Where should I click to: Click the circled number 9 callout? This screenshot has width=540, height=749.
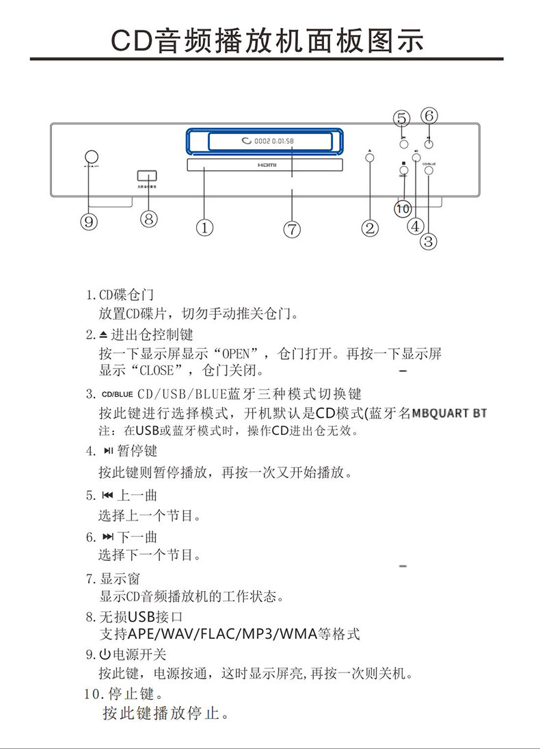click(x=88, y=221)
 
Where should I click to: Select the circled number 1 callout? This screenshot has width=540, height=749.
click(x=204, y=227)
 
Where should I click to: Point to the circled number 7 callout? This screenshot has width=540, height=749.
click(x=292, y=229)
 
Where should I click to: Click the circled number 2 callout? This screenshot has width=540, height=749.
click(x=370, y=228)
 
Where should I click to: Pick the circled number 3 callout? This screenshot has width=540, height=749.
click(x=429, y=241)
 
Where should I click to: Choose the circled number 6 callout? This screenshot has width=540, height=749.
click(x=429, y=116)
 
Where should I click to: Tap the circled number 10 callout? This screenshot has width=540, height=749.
click(x=403, y=207)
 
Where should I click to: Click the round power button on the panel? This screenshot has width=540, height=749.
click(x=91, y=157)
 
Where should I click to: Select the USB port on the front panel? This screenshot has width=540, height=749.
click(x=147, y=176)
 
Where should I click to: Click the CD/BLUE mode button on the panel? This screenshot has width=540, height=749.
click(x=429, y=172)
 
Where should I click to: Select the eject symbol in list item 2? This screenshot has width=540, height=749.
click(x=103, y=334)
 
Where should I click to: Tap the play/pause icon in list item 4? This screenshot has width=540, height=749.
click(x=108, y=451)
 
